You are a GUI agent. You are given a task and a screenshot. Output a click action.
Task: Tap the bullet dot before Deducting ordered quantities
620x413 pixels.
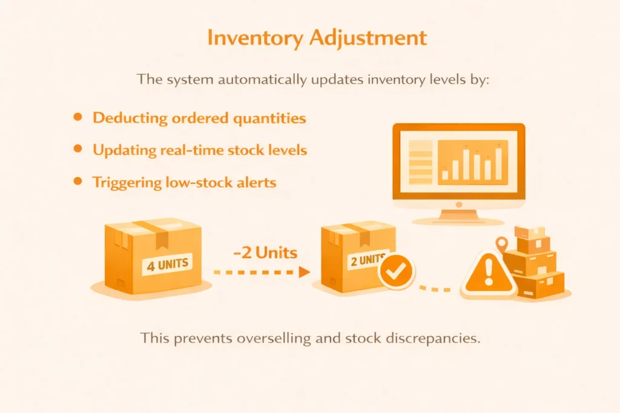click(x=77, y=117)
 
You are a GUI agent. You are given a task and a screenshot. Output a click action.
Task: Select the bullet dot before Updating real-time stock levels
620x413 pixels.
click(x=77, y=149)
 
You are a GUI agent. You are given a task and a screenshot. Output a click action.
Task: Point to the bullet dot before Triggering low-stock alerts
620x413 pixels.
click(x=77, y=180)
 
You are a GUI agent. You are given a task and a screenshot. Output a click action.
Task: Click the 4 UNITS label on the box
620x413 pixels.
click(x=165, y=264)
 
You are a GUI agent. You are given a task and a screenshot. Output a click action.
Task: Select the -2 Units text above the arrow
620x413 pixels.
click(x=264, y=253)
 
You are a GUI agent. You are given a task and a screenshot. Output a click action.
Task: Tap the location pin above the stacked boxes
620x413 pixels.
click(x=501, y=244)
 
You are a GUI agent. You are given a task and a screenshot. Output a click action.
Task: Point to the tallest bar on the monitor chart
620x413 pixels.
click(x=499, y=164)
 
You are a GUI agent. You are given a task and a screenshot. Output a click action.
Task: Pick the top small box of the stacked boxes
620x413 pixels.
click(x=530, y=232)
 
